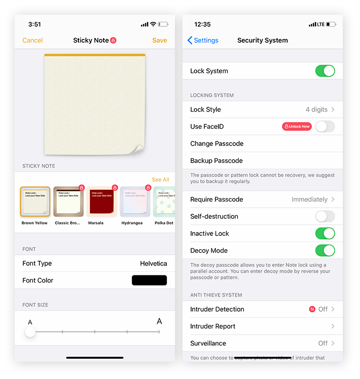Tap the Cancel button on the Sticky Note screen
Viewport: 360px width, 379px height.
tap(32, 40)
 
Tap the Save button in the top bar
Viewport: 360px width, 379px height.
tap(159, 40)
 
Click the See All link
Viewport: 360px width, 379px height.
tap(160, 179)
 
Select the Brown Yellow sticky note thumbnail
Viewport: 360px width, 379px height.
tap(35, 202)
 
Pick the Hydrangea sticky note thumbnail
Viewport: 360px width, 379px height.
tap(134, 202)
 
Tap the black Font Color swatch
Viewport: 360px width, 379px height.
tap(149, 280)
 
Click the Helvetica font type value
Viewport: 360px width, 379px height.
tap(153, 263)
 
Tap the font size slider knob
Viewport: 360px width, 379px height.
tap(30, 331)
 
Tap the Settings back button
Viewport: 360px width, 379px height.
tap(203, 40)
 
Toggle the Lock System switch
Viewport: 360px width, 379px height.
tap(325, 71)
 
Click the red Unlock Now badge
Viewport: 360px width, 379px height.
tap(297, 126)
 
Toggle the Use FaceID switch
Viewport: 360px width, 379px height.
tap(325, 126)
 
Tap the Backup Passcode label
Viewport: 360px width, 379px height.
tap(216, 161)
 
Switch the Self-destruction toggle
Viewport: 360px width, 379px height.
tap(325, 216)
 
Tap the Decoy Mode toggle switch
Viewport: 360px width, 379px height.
tap(325, 251)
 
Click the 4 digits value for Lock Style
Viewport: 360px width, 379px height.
tap(317, 110)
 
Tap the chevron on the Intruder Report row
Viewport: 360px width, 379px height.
tap(333, 326)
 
